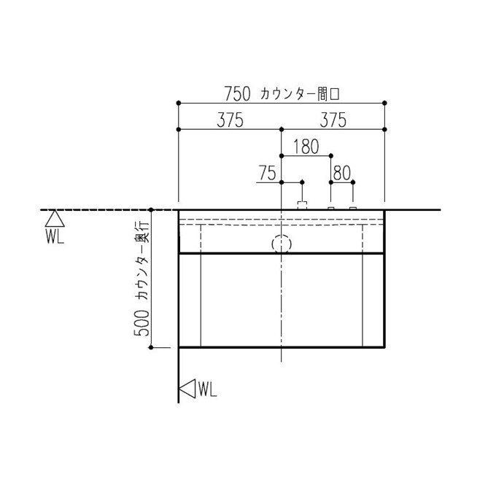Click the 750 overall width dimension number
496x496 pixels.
click(237, 93)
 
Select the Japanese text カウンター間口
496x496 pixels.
click(300, 94)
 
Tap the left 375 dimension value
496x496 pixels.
click(230, 120)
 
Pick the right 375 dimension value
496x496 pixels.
click(333, 120)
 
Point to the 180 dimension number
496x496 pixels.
click(306, 147)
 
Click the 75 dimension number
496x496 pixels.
click(267, 173)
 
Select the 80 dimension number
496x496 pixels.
click(342, 173)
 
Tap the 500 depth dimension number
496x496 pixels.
click(142, 323)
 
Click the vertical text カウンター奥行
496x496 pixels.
click(142, 260)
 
